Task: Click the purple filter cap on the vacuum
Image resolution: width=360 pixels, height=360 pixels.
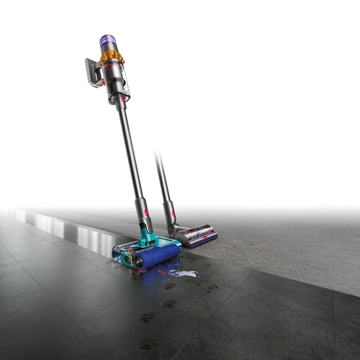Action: [108, 43]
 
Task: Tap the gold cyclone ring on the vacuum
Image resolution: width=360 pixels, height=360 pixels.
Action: [112, 57]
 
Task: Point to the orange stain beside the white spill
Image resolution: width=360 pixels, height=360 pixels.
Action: [161, 271]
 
